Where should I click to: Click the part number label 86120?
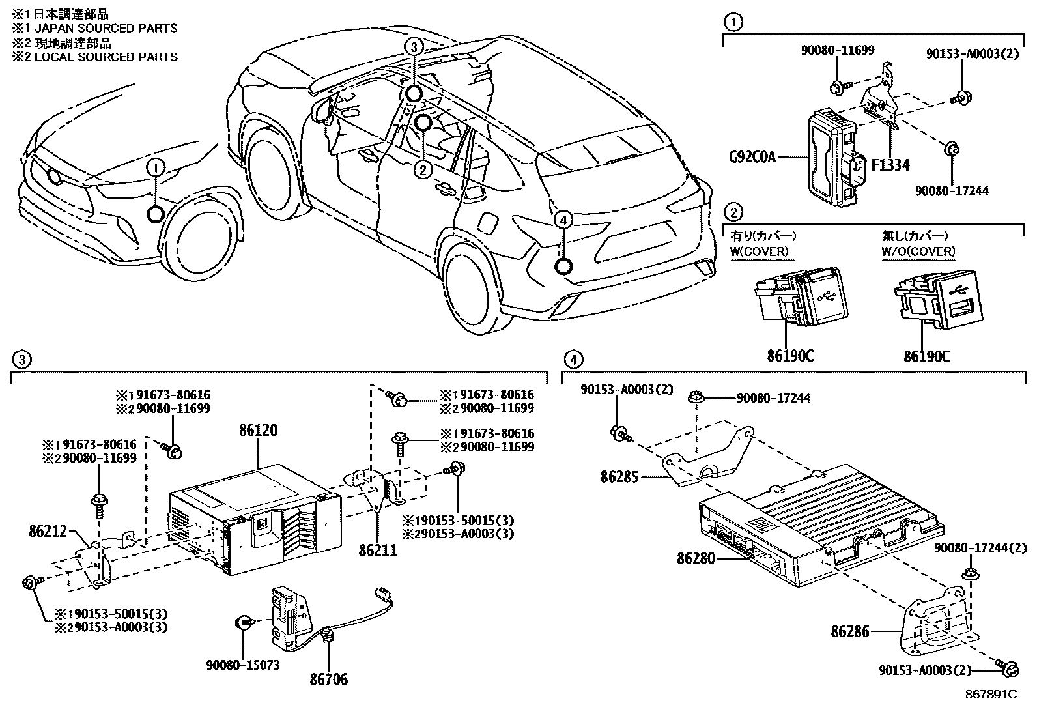coord(258,431)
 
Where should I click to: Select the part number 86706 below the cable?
coord(328,680)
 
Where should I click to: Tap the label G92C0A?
coord(752,157)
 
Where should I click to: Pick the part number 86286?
coord(850,631)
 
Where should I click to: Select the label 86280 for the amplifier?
coord(696,558)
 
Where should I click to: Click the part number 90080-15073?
coord(243,665)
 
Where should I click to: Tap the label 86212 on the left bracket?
coord(48,531)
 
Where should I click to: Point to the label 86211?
coord(377,551)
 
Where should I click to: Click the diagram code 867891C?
coord(991,694)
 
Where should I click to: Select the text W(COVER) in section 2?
coord(760,251)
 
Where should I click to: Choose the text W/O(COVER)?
coord(918,251)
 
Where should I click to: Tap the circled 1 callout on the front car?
coord(156,168)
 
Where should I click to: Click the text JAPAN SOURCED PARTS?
coord(101,28)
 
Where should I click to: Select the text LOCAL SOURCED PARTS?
coord(101,57)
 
